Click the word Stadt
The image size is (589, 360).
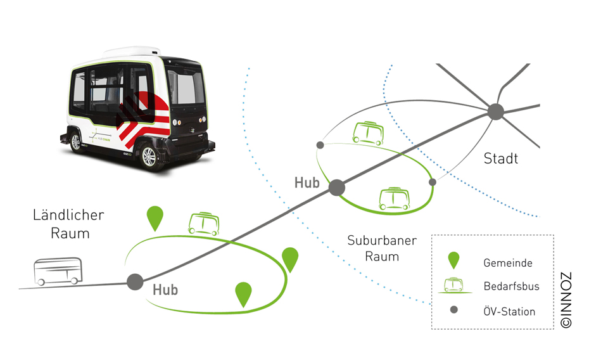click(x=500, y=158)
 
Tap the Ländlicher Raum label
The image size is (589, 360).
click(x=68, y=224)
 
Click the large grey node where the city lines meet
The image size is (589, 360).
click(x=495, y=112)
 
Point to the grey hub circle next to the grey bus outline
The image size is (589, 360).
click(x=135, y=282)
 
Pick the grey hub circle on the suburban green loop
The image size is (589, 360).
click(x=336, y=187)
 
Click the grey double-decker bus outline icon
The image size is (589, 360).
click(x=58, y=272)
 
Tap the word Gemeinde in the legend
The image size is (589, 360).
click(x=508, y=263)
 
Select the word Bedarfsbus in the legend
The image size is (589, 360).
click(x=511, y=286)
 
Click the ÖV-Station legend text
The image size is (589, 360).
click(x=509, y=311)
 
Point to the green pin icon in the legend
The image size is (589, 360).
click(x=453, y=260)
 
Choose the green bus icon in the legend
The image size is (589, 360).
click(x=453, y=285)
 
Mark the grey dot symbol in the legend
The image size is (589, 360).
click(x=453, y=311)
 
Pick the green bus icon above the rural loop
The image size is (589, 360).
click(x=203, y=224)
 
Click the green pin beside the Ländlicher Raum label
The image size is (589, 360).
click(x=155, y=217)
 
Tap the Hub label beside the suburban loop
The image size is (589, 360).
click(x=307, y=182)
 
